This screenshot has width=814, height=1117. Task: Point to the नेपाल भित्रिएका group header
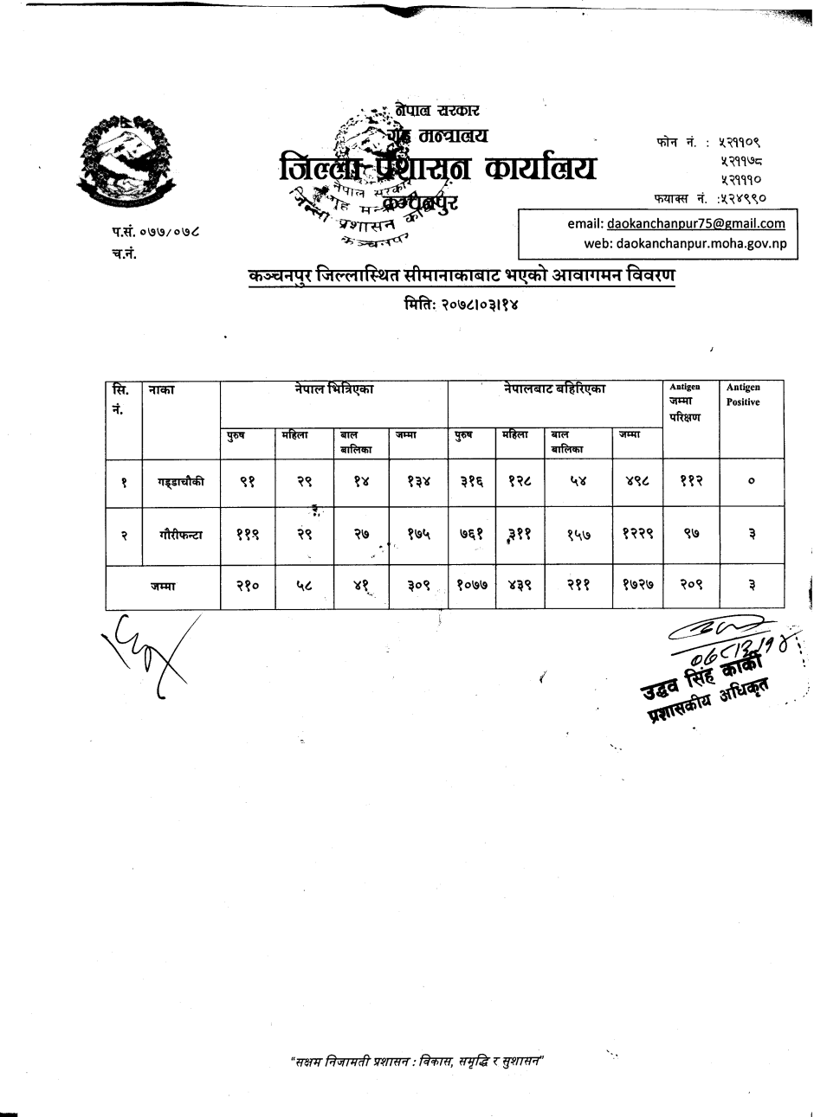coord(333,390)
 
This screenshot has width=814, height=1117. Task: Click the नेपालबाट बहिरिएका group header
coord(554,390)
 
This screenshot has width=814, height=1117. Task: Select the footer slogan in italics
coord(422,1062)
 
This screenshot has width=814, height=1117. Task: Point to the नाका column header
coord(162,391)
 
